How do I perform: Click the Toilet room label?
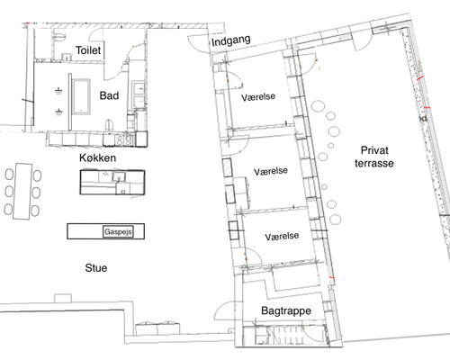point(89,50)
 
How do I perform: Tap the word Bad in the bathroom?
point(110,94)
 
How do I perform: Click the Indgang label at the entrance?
point(229,40)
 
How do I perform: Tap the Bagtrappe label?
point(286,310)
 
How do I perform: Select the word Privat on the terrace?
point(375,149)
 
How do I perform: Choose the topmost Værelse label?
point(259,95)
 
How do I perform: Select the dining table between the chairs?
point(23,190)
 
